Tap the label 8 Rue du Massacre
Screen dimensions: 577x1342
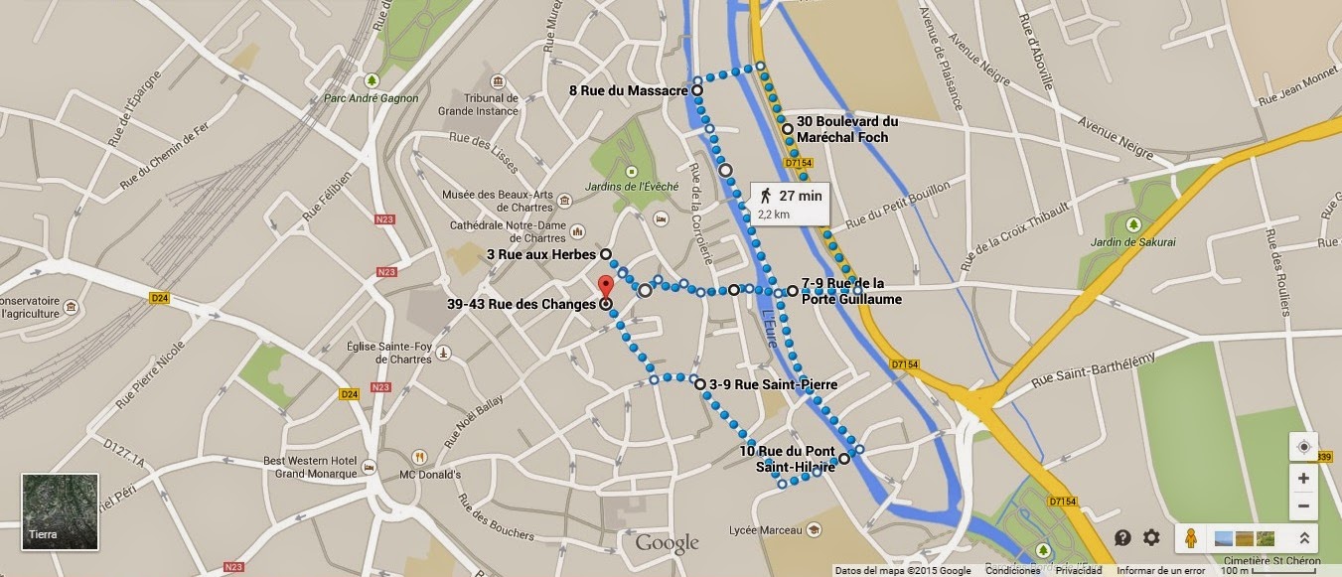click(629, 90)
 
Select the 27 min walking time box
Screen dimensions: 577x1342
click(791, 202)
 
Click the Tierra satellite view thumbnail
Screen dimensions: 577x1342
click(61, 512)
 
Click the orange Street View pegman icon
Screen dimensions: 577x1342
click(1190, 537)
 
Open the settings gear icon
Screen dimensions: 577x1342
click(1151, 537)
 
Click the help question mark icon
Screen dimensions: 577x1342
click(1122, 537)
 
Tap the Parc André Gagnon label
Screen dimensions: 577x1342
click(372, 98)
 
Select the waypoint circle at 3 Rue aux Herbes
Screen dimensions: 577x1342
click(605, 254)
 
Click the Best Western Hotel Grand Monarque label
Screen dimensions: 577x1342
click(310, 467)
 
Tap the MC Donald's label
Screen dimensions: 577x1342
click(430, 475)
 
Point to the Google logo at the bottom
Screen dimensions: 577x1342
click(667, 543)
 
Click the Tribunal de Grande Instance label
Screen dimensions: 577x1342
click(478, 104)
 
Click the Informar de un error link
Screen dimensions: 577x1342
click(1160, 571)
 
